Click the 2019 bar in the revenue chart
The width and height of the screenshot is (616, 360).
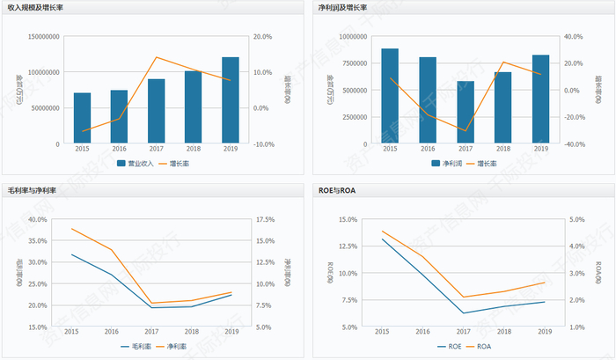pyautogui.click(x=230, y=100)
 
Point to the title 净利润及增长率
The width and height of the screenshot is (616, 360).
pyautogui.click(x=348, y=7)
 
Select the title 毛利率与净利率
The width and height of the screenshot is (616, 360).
pyautogui.click(x=36, y=190)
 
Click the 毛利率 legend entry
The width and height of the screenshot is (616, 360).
pyautogui.click(x=136, y=346)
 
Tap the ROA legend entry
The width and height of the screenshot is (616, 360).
pyautogui.click(x=481, y=346)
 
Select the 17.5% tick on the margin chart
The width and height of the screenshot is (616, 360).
pyautogui.click(x=266, y=219)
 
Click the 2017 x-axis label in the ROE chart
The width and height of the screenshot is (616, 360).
pyautogui.click(x=464, y=331)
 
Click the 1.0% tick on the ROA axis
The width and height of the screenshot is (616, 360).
pyautogui.click(x=576, y=327)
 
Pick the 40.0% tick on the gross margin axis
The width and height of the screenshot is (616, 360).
pyautogui.click(x=38, y=219)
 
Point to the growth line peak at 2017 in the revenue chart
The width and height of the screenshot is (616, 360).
pyautogui.click(x=156, y=57)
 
